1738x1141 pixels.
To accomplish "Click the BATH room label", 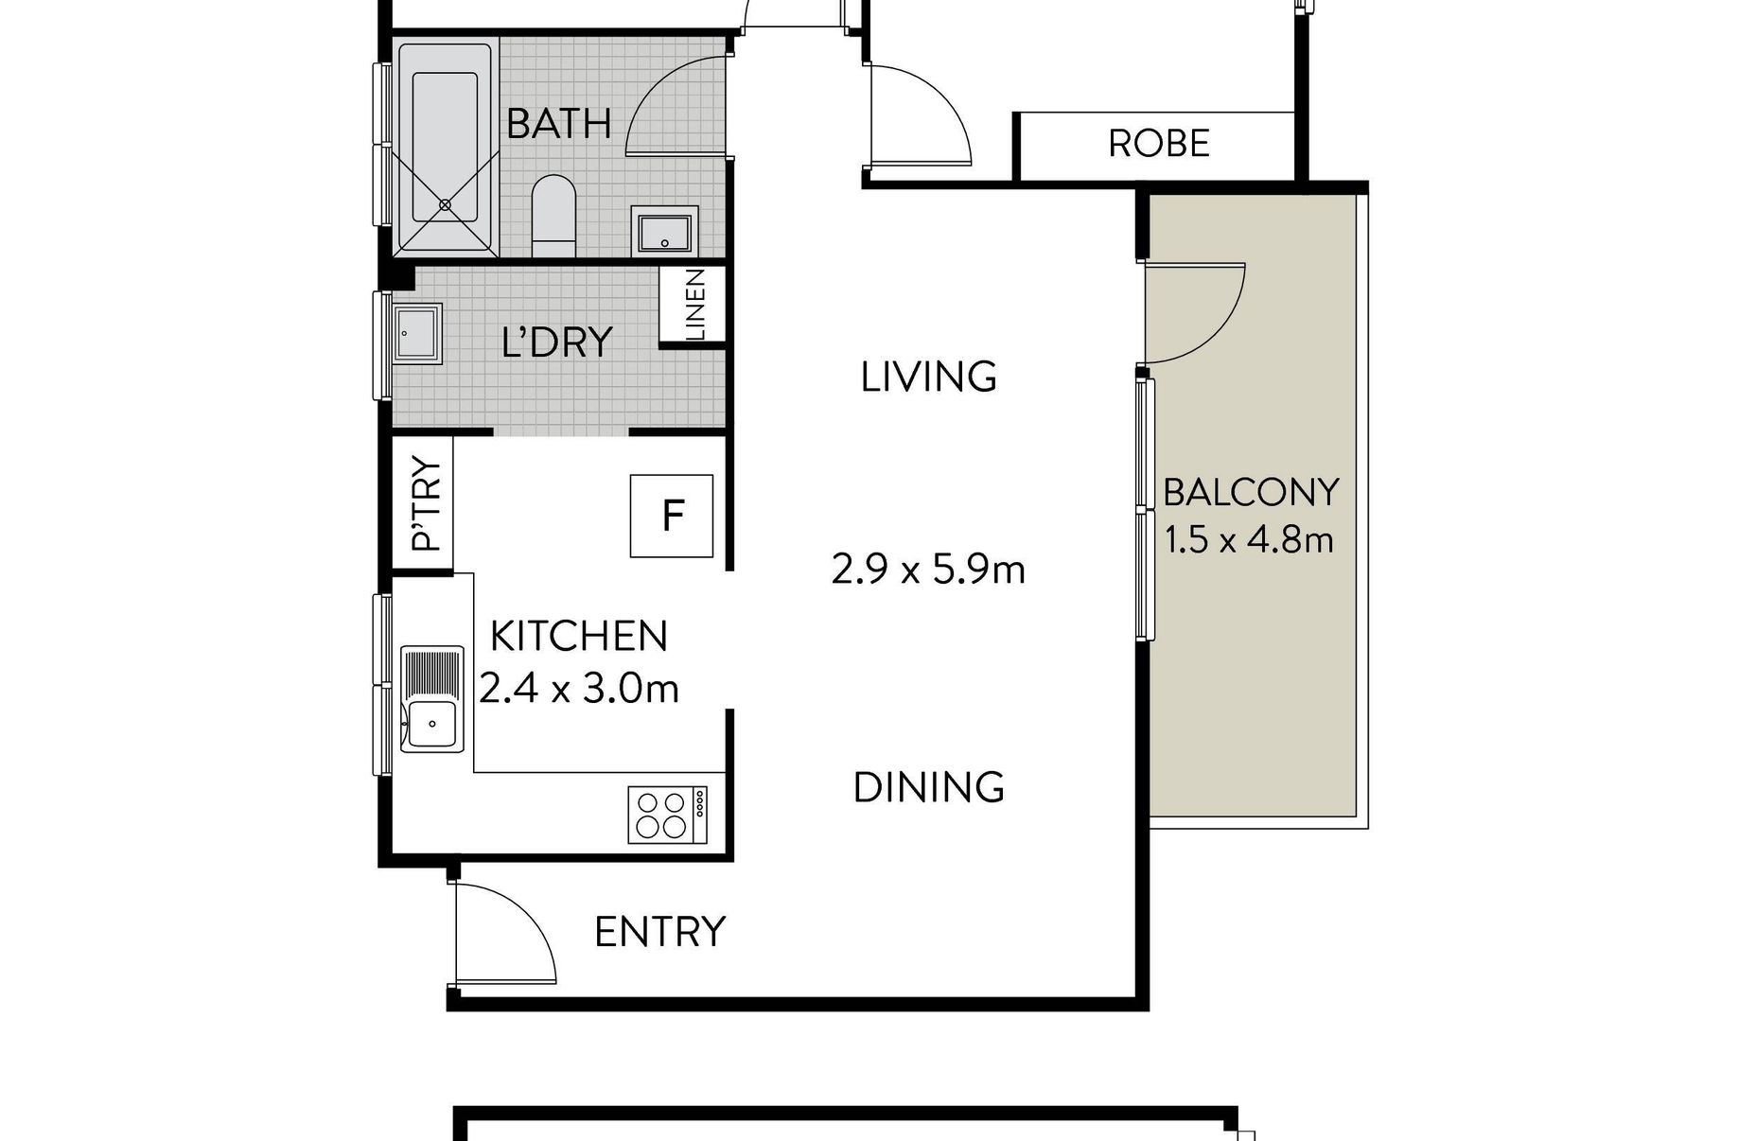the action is [x=558, y=124].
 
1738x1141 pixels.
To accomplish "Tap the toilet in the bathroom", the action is [x=553, y=215].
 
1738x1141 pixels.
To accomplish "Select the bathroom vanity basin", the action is [x=665, y=231].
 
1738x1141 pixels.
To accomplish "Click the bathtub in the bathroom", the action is [x=445, y=148].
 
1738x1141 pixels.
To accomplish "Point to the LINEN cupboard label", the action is [x=695, y=305].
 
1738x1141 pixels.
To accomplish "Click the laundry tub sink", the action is [x=418, y=333].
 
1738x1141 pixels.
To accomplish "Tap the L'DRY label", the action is [x=557, y=342].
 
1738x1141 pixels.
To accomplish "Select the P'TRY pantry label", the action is [x=427, y=504].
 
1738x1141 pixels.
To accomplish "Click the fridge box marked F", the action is [x=672, y=516].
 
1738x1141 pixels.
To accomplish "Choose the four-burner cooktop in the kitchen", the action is [x=667, y=815].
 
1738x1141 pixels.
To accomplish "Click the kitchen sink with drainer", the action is [x=432, y=699].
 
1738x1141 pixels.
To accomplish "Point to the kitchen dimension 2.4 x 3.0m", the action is [x=579, y=689].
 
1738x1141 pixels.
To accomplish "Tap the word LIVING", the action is [x=929, y=377].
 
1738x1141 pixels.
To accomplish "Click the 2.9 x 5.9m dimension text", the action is [x=928, y=570].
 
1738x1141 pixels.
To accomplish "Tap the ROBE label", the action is [x=1159, y=144].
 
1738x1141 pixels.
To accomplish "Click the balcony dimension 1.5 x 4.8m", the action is [x=1249, y=540].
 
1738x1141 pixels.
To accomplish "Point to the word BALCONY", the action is [x=1251, y=493].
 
